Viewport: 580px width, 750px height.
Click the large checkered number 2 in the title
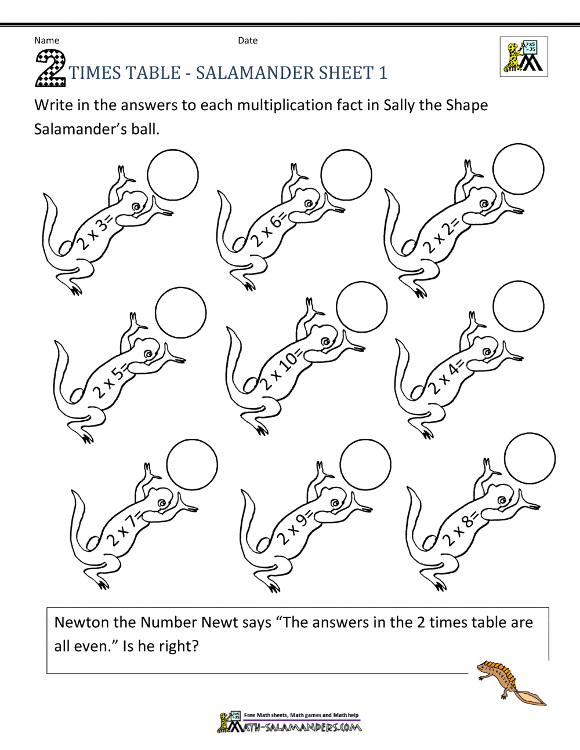(50, 68)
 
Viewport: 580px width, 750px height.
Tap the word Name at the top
(46, 41)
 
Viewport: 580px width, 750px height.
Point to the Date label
(248, 41)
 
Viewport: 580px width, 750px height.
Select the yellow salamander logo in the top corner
(524, 57)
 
